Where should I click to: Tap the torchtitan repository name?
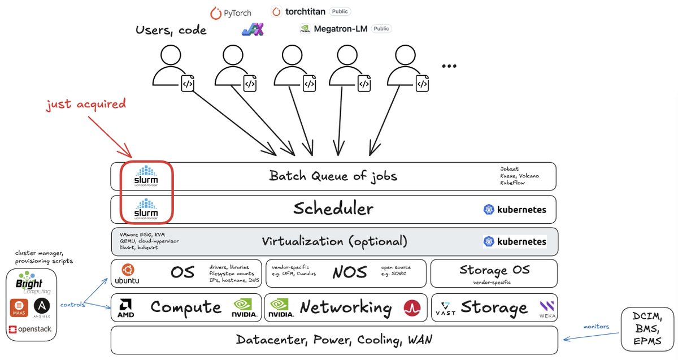pos(305,11)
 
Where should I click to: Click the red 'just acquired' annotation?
pos(86,104)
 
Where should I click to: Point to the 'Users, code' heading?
pos(171,29)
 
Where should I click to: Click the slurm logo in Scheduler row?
pos(146,209)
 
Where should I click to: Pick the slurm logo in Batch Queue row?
pos(146,176)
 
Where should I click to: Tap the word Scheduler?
pos(333,209)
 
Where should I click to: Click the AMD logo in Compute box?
pos(126,308)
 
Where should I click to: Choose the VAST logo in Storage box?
pos(446,309)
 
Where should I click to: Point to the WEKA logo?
pos(546,309)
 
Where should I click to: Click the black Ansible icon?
pos(42,307)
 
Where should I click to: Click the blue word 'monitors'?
pos(597,326)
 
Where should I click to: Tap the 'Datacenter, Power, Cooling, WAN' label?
pos(334,340)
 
